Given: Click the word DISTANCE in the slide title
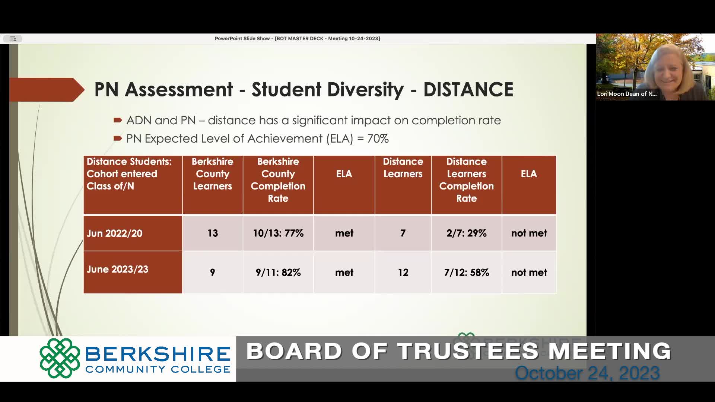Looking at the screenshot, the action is tap(468, 90).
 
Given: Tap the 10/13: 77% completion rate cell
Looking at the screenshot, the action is tap(278, 233).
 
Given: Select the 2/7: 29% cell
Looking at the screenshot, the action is tap(467, 233).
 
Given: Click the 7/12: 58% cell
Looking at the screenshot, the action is tap(467, 272).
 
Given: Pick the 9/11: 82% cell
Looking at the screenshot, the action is tap(278, 272).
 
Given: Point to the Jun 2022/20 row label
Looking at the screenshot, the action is tap(114, 233).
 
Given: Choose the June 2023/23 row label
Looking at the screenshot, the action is tap(117, 269).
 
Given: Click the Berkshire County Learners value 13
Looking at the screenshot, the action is tap(213, 233).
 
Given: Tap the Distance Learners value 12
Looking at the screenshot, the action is tap(403, 272).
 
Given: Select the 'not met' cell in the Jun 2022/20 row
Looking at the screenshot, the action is tap(529, 233).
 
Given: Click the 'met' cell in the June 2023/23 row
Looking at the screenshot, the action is tap(344, 272).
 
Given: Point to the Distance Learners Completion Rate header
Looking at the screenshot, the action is tap(467, 180).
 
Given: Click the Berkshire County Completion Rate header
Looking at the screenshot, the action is tap(278, 180).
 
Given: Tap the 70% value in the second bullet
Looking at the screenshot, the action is tap(378, 138).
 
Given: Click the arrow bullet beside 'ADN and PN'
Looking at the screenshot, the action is tap(118, 120).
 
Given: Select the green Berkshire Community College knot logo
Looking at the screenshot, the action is tap(60, 358).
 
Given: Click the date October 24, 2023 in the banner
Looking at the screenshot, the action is tap(587, 373).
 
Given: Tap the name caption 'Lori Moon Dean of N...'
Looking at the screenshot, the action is tap(627, 94).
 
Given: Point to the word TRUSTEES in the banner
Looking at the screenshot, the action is tap(468, 351).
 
